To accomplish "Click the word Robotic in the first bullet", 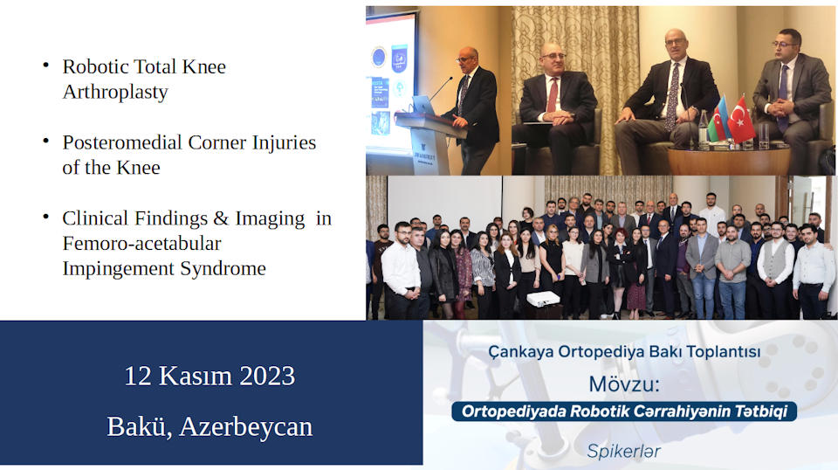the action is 94,67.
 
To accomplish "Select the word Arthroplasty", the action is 115,92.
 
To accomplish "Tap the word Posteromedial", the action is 122,142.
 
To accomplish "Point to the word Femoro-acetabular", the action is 141,243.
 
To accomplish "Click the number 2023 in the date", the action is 267,376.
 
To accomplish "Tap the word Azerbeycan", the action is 246,426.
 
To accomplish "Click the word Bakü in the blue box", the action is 139,426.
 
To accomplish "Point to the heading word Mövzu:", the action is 623,384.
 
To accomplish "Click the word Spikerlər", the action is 623,452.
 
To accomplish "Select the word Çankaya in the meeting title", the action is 521,352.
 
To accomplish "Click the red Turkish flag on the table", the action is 741,120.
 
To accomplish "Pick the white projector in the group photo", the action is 543,299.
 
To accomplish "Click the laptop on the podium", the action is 422,105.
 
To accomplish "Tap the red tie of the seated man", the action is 552,96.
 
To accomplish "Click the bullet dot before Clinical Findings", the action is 46,217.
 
